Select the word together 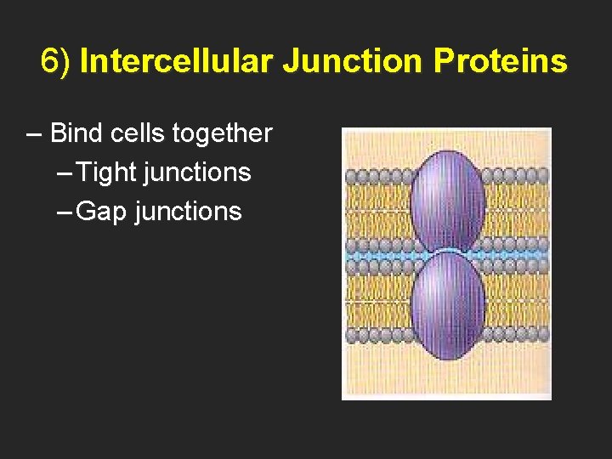[x=222, y=133]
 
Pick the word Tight [x=106, y=173]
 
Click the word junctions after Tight [x=197, y=173]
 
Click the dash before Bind [x=34, y=134]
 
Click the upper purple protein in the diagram [x=447, y=201]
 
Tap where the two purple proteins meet [x=447, y=252]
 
